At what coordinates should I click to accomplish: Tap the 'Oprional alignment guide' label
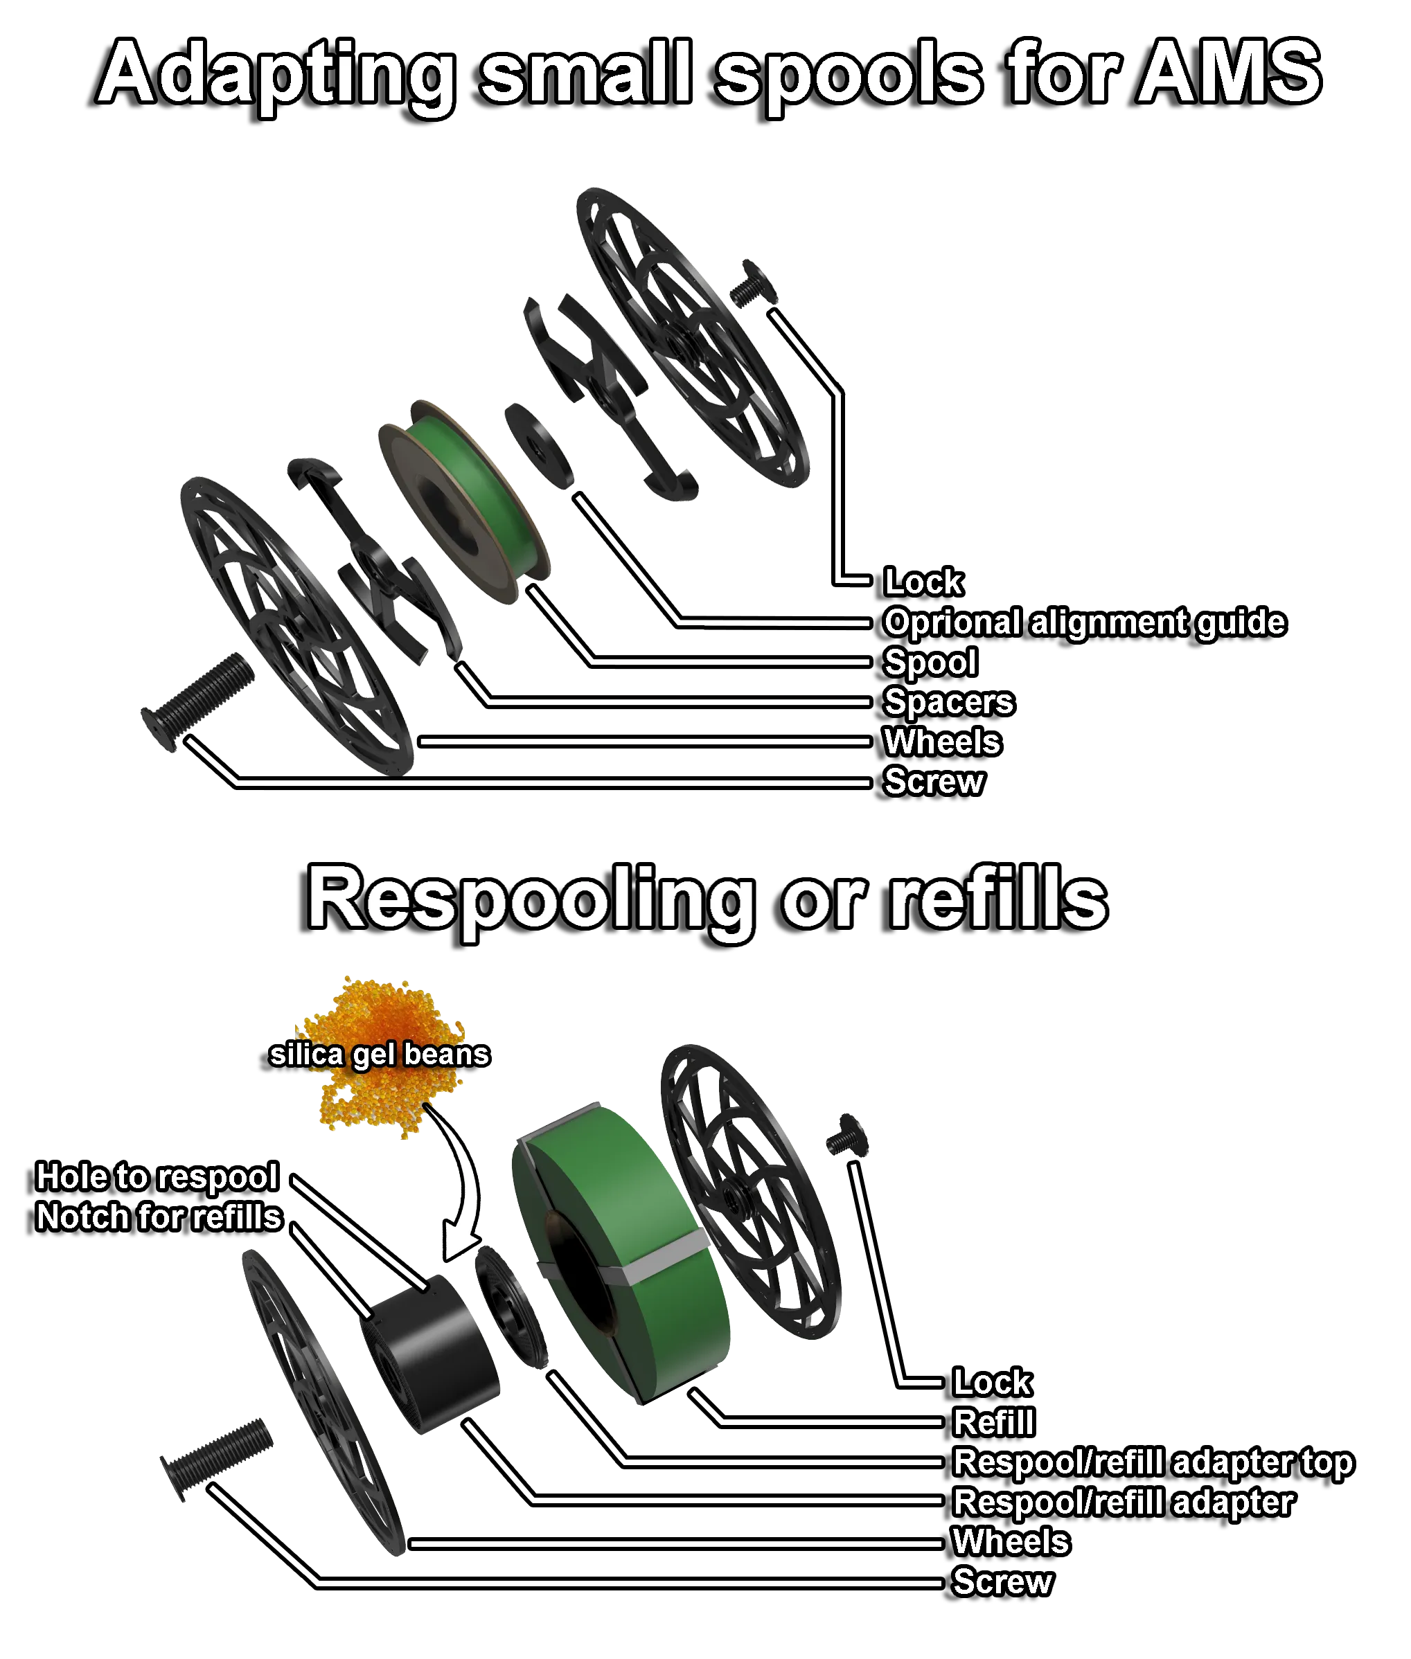pyautogui.click(x=1084, y=622)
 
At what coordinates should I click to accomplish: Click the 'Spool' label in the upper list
pyautogui.click(x=930, y=662)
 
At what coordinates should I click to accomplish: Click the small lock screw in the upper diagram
pyautogui.click(x=751, y=284)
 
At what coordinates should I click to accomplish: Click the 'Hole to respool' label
pyautogui.click(x=157, y=1177)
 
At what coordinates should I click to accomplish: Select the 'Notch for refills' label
pyautogui.click(x=159, y=1217)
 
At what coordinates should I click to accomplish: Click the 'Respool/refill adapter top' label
pyautogui.click(x=1152, y=1462)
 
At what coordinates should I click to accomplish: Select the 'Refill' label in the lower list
pyautogui.click(x=993, y=1422)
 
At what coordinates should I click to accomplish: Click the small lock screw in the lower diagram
pyautogui.click(x=846, y=1139)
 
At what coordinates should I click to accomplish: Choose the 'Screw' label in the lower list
pyautogui.click(x=1002, y=1581)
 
